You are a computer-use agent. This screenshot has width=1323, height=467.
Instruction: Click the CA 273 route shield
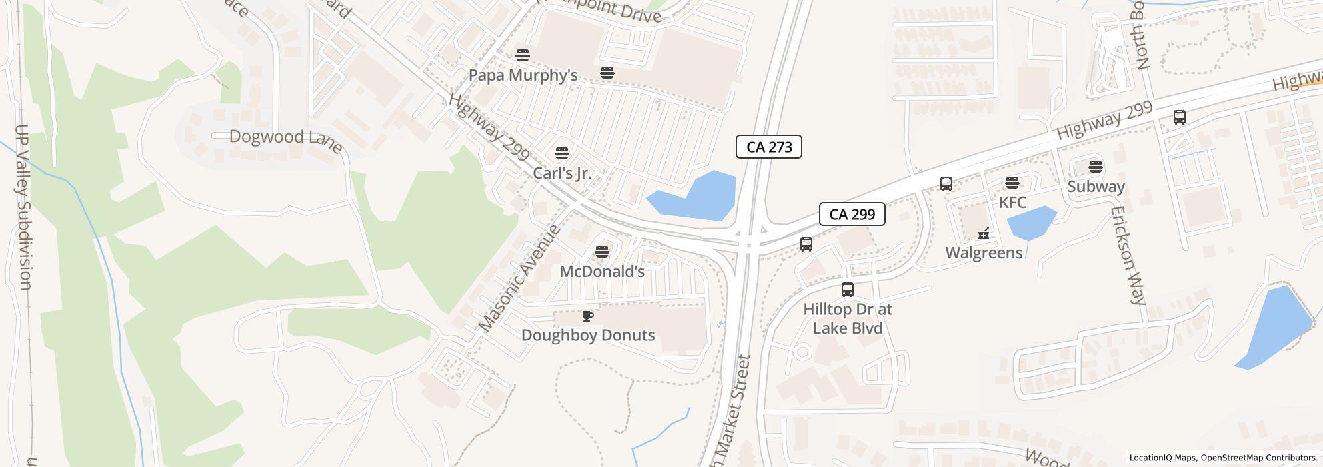768,147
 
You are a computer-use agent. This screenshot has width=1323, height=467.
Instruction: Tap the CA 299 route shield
852,214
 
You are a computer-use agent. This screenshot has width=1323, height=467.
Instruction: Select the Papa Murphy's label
523,75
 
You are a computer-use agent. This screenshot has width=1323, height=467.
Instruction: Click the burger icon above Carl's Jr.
562,153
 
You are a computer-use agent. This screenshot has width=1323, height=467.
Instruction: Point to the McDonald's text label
602,272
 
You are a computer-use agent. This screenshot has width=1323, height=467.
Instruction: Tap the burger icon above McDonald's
602,252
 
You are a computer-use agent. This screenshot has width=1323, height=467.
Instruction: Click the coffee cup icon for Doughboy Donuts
587,316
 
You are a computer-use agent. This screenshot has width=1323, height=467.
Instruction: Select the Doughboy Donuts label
588,335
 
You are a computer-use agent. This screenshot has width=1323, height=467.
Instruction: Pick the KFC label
1012,202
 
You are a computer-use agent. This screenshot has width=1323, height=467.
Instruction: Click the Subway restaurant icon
1095,167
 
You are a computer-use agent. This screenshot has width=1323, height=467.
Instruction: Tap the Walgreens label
984,253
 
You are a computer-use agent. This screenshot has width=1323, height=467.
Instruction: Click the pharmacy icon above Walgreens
984,233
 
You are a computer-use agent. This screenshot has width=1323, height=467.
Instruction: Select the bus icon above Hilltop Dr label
847,290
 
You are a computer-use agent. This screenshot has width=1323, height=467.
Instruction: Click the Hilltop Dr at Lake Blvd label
847,319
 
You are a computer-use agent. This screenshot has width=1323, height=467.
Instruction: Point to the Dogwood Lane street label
286,139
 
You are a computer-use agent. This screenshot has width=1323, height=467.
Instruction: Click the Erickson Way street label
1128,255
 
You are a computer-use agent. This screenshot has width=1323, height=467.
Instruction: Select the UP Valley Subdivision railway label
23,207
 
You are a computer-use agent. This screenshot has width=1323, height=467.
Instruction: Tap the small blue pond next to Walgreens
1030,222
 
